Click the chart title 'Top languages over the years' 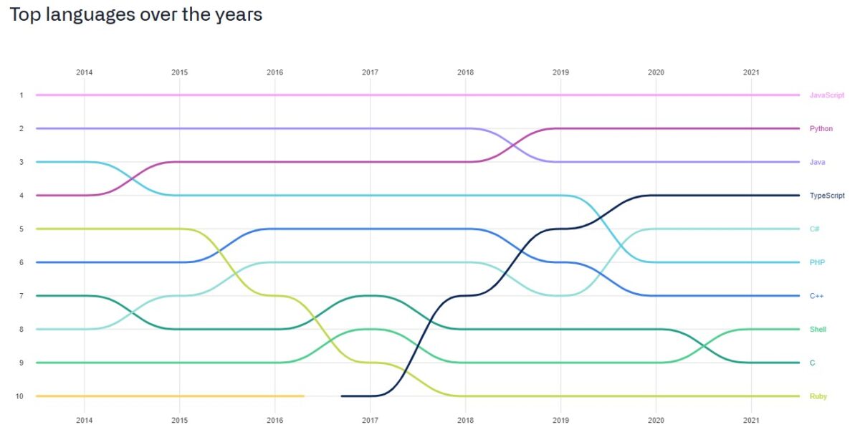[x=135, y=15]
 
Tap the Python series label [x=821, y=129]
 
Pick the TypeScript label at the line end [x=827, y=196]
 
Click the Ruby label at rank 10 [x=818, y=396]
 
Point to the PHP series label [x=817, y=263]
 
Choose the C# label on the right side [x=814, y=229]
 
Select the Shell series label [x=818, y=330]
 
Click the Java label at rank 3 [x=817, y=163]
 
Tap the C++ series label [x=816, y=296]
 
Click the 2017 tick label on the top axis [x=370, y=72]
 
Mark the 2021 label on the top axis [x=751, y=72]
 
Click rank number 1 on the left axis [x=21, y=95]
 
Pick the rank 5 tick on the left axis [x=21, y=229]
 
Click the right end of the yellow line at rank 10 [x=303, y=396]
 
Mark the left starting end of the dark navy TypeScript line [x=343, y=396]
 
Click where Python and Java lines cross [x=513, y=145]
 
